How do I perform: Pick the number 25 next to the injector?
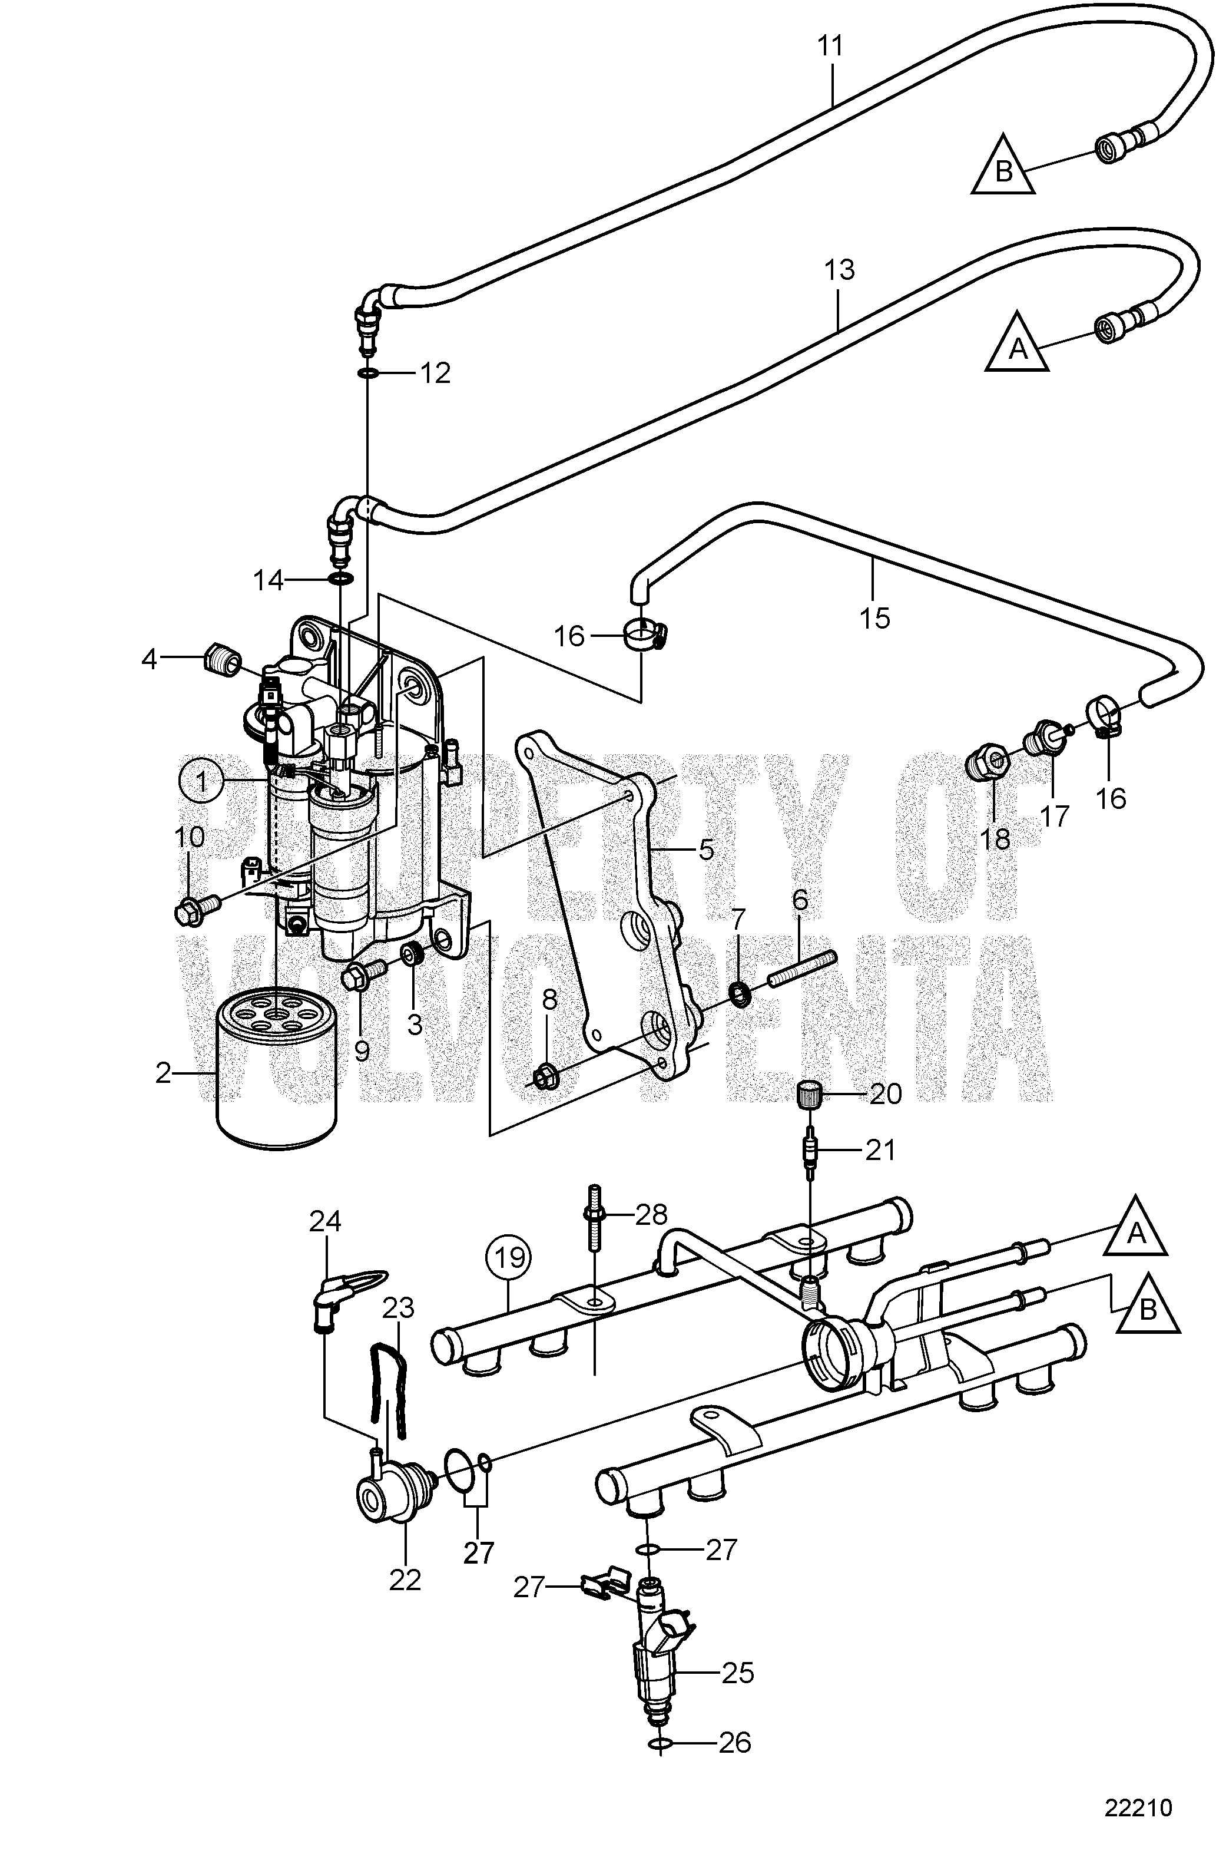[738, 1672]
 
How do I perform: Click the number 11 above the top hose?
[831, 47]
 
